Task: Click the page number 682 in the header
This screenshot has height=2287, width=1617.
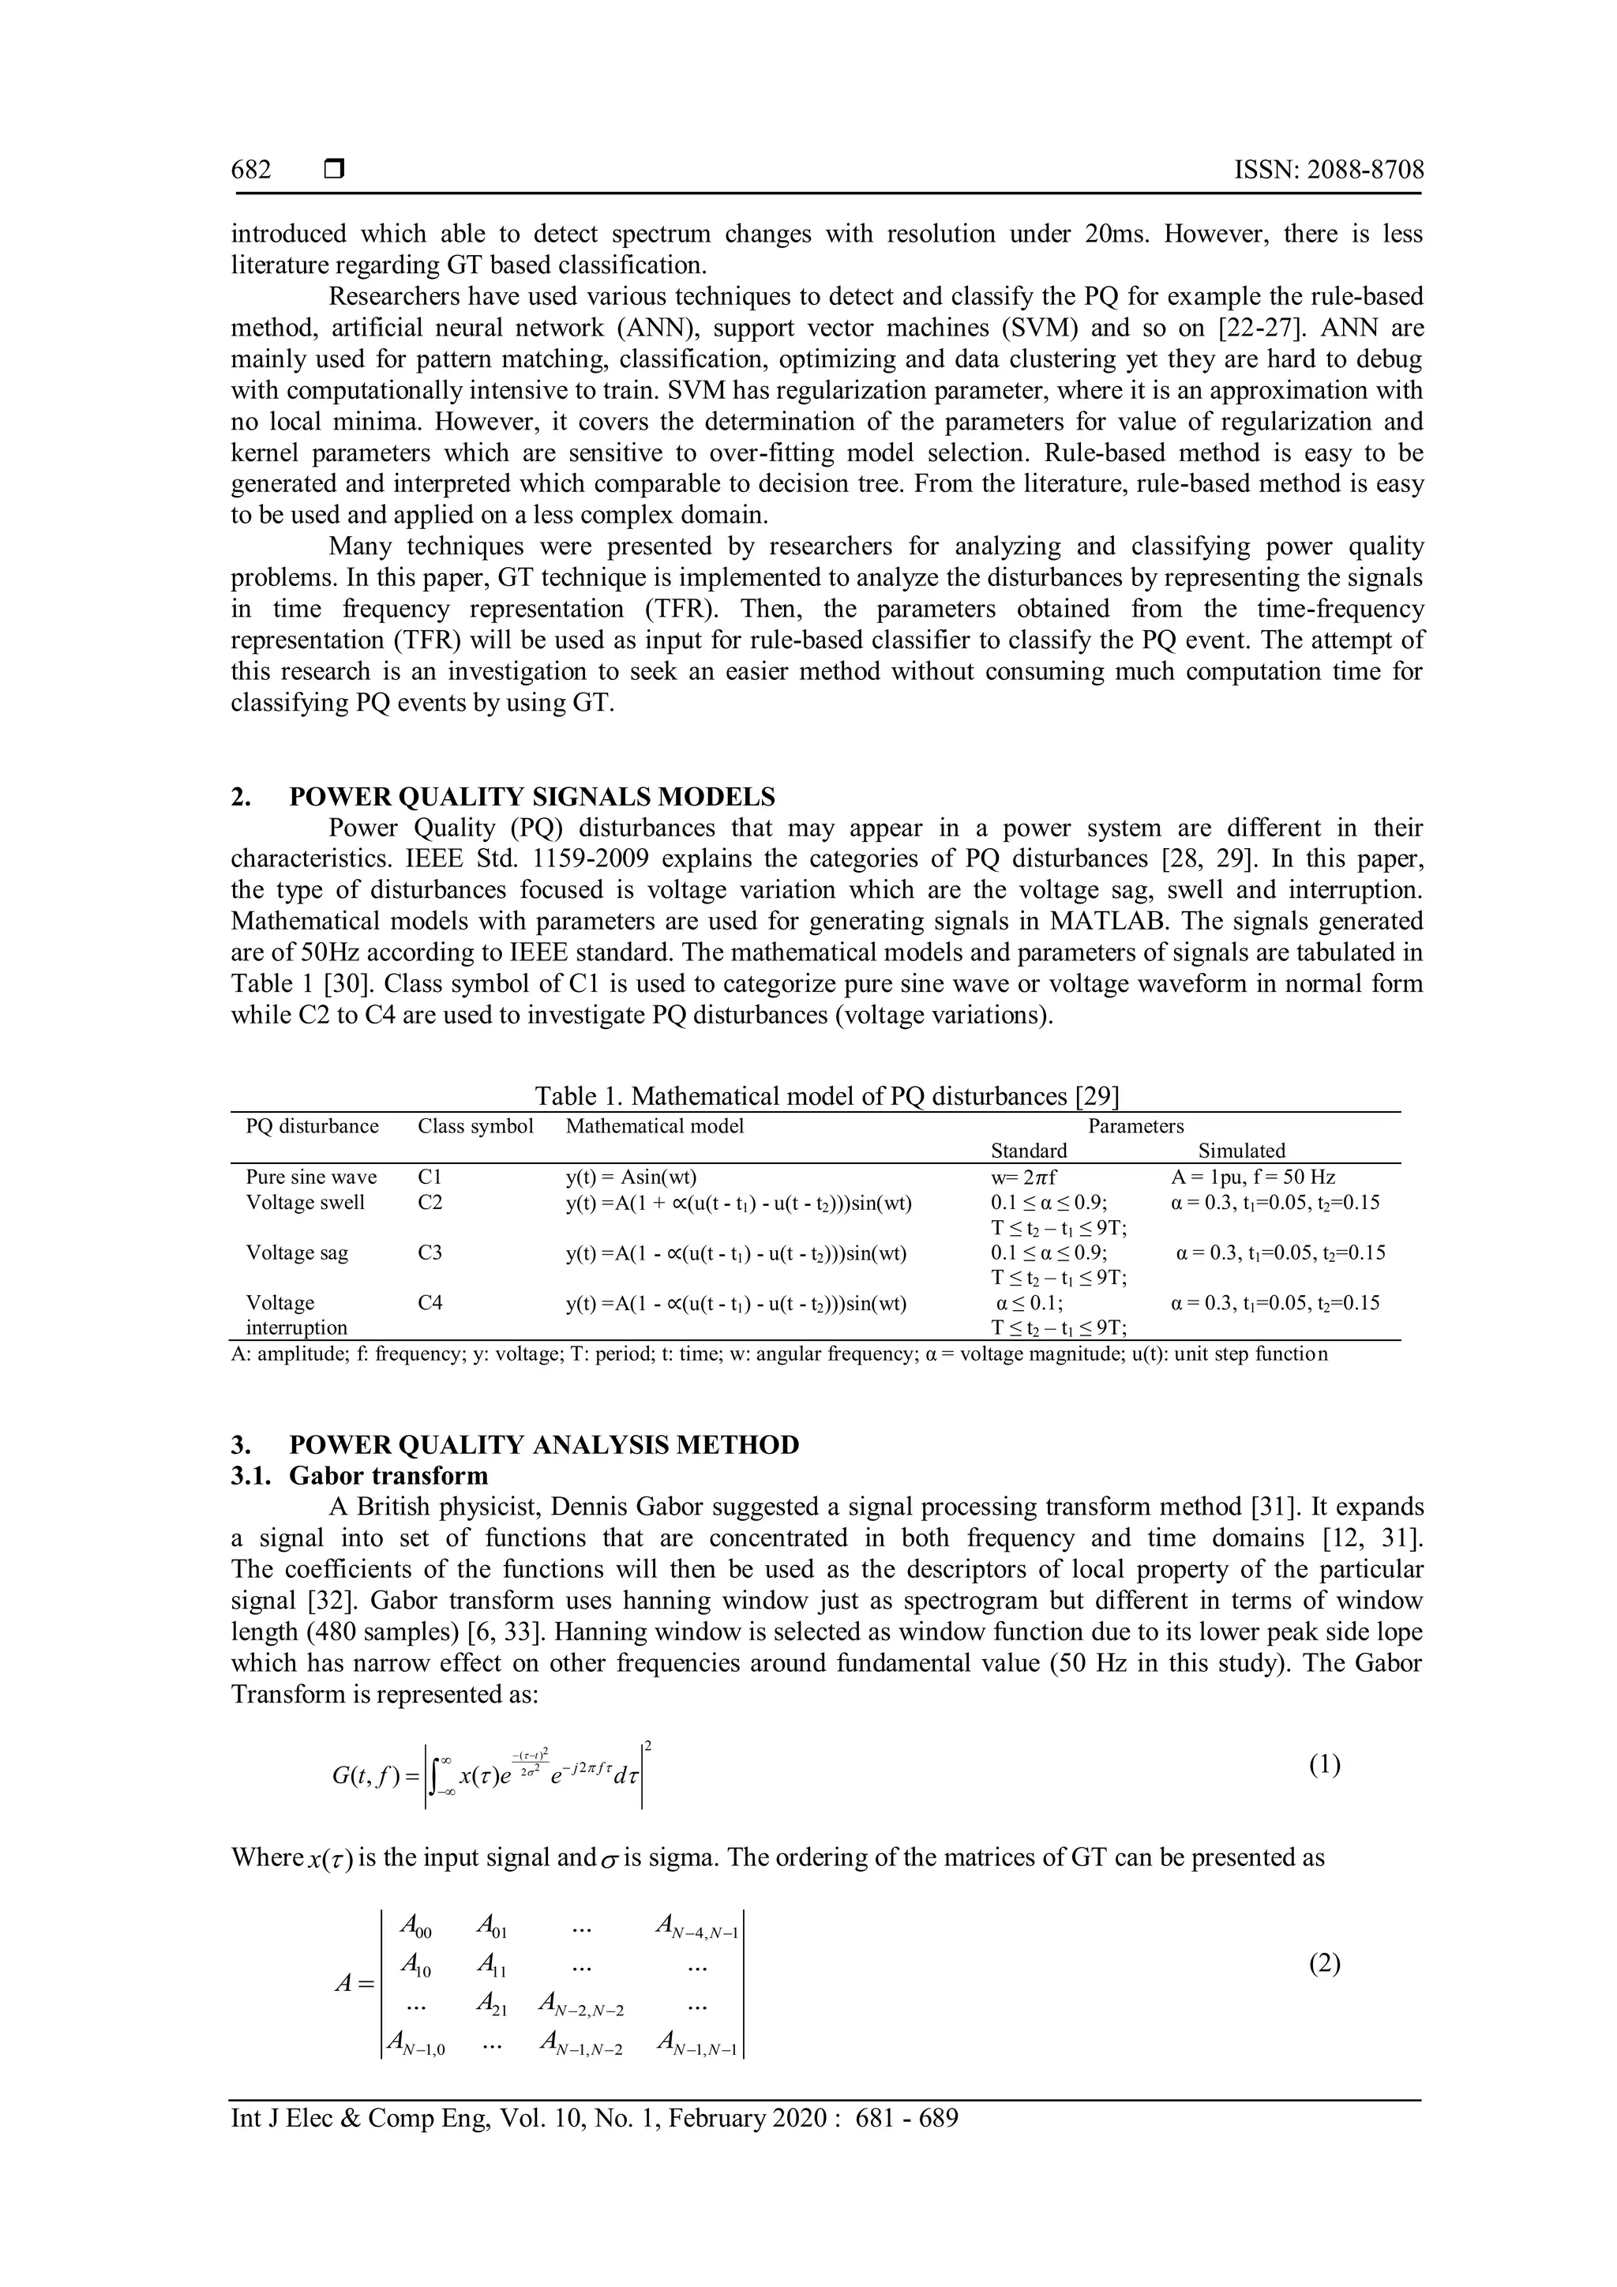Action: pyautogui.click(x=251, y=171)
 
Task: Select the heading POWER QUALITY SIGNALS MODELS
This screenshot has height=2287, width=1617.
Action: pyautogui.click(x=531, y=797)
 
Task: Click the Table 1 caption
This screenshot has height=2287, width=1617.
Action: pyautogui.click(x=827, y=1097)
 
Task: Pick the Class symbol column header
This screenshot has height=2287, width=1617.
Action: pyautogui.click(x=475, y=1127)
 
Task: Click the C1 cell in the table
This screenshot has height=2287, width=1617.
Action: pyautogui.click(x=430, y=1177)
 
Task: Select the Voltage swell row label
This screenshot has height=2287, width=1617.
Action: pyautogui.click(x=305, y=1202)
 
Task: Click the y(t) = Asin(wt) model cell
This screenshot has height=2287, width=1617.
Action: pyautogui.click(x=637, y=1177)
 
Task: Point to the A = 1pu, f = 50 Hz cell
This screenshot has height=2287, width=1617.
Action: pyautogui.click(x=1252, y=1177)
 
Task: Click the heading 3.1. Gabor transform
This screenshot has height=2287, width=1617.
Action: pyautogui.click(x=359, y=1476)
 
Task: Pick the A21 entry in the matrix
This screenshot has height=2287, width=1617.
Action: pyautogui.click(x=492, y=2003)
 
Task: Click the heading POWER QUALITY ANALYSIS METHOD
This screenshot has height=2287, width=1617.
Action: pyautogui.click(x=544, y=1445)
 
